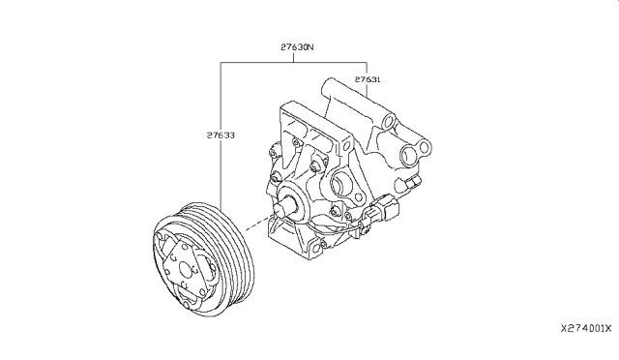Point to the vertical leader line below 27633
[221, 184]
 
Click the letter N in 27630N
[311, 45]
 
